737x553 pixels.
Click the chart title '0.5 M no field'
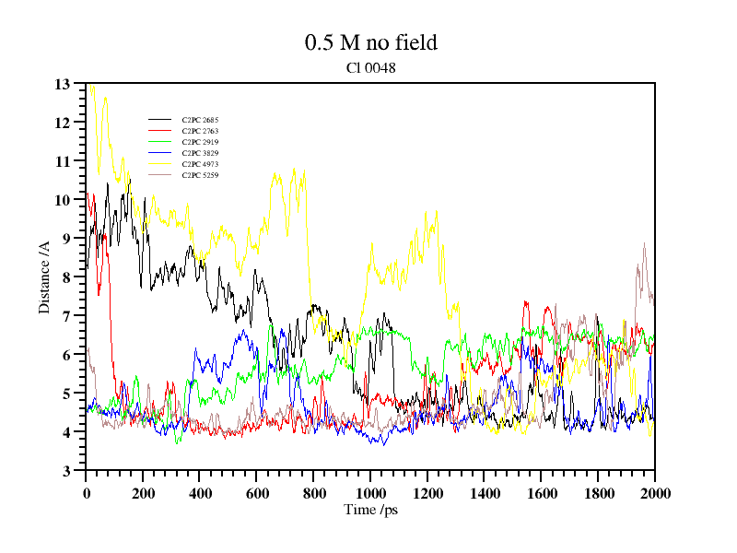pyautogui.click(x=370, y=42)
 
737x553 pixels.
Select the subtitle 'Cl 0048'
pyautogui.click(x=371, y=67)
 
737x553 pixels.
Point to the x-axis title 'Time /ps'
pyautogui.click(x=370, y=510)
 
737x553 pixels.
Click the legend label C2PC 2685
pyautogui.click(x=200, y=120)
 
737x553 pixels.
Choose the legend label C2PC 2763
pyautogui.click(x=200, y=131)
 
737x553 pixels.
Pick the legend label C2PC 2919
pyautogui.click(x=200, y=142)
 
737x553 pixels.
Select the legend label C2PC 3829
pyautogui.click(x=200, y=153)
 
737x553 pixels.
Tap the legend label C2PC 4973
pyautogui.click(x=200, y=164)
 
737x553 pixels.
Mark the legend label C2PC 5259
pyautogui.click(x=200, y=175)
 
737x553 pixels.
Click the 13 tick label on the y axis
pyautogui.click(x=63, y=84)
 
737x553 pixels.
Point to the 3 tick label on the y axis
pyautogui.click(x=66, y=471)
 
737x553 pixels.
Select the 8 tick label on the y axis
pyautogui.click(x=66, y=277)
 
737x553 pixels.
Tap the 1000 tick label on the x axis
pyautogui.click(x=370, y=493)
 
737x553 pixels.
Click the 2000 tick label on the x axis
pyautogui.click(x=654, y=493)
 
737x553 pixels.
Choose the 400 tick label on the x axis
pyautogui.click(x=200, y=493)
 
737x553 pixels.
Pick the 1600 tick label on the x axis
pyautogui.click(x=541, y=493)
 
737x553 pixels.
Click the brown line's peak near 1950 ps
pyautogui.click(x=644, y=243)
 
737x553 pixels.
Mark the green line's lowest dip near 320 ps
pyautogui.click(x=179, y=442)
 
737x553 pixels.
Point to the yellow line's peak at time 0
pyautogui.click(x=89, y=85)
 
